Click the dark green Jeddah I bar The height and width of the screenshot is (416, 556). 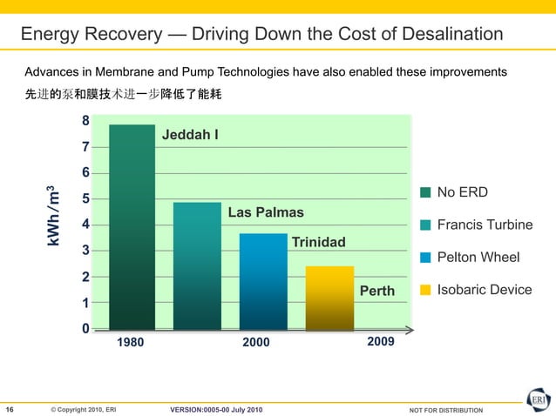click(x=132, y=227)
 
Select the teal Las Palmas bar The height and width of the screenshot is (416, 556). click(x=197, y=266)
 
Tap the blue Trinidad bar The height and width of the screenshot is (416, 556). click(x=263, y=281)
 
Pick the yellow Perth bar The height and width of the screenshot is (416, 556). click(x=329, y=298)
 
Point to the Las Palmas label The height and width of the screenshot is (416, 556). click(x=265, y=213)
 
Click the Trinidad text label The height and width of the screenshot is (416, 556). click(x=318, y=242)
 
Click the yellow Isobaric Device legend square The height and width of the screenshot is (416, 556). click(x=425, y=290)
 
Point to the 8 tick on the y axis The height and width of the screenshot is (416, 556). click(x=85, y=121)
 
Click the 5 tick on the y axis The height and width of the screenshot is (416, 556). click(x=85, y=199)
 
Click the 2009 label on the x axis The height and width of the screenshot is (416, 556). click(x=381, y=342)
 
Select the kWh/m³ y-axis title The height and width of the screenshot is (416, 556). click(x=53, y=215)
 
